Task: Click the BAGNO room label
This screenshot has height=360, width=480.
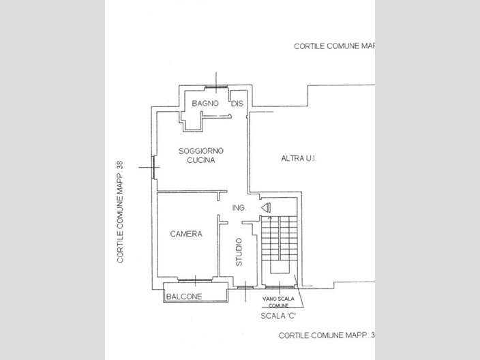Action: tap(205, 104)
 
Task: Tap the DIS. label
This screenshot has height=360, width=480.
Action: tap(238, 104)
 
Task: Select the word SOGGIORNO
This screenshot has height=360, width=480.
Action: tap(201, 151)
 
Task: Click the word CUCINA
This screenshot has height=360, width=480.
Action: tap(201, 160)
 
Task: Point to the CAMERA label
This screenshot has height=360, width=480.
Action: tap(186, 234)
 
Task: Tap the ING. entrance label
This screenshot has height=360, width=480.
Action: tap(239, 208)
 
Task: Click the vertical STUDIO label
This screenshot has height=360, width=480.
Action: tap(239, 252)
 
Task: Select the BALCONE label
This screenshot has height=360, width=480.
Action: tap(184, 297)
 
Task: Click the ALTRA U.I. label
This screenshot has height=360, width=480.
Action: tap(299, 158)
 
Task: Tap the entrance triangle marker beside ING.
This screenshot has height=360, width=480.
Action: tap(266, 208)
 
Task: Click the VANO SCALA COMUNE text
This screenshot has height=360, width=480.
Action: tap(278, 302)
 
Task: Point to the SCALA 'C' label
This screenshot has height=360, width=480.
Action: tap(278, 316)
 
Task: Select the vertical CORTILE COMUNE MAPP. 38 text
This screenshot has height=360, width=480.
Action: tap(120, 212)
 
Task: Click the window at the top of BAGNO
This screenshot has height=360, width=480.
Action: tap(216, 87)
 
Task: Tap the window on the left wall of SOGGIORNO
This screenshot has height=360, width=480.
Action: tap(153, 167)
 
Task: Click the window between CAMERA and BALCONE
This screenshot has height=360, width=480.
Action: tap(195, 280)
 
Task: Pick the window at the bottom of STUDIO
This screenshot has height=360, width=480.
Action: tap(245, 288)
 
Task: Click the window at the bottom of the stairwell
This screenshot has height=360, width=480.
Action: tap(279, 287)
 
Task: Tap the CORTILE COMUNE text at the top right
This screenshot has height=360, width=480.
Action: tap(334, 46)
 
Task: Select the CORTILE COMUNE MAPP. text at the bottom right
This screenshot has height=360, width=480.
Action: tap(327, 335)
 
